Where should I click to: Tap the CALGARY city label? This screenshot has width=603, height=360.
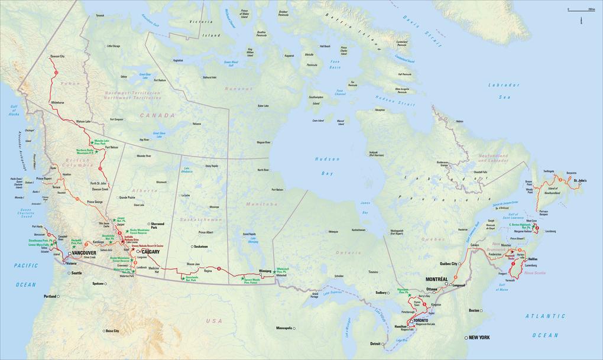[152, 252]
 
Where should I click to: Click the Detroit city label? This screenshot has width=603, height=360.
[375, 343]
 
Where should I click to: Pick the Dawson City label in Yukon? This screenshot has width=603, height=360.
[57, 56]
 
